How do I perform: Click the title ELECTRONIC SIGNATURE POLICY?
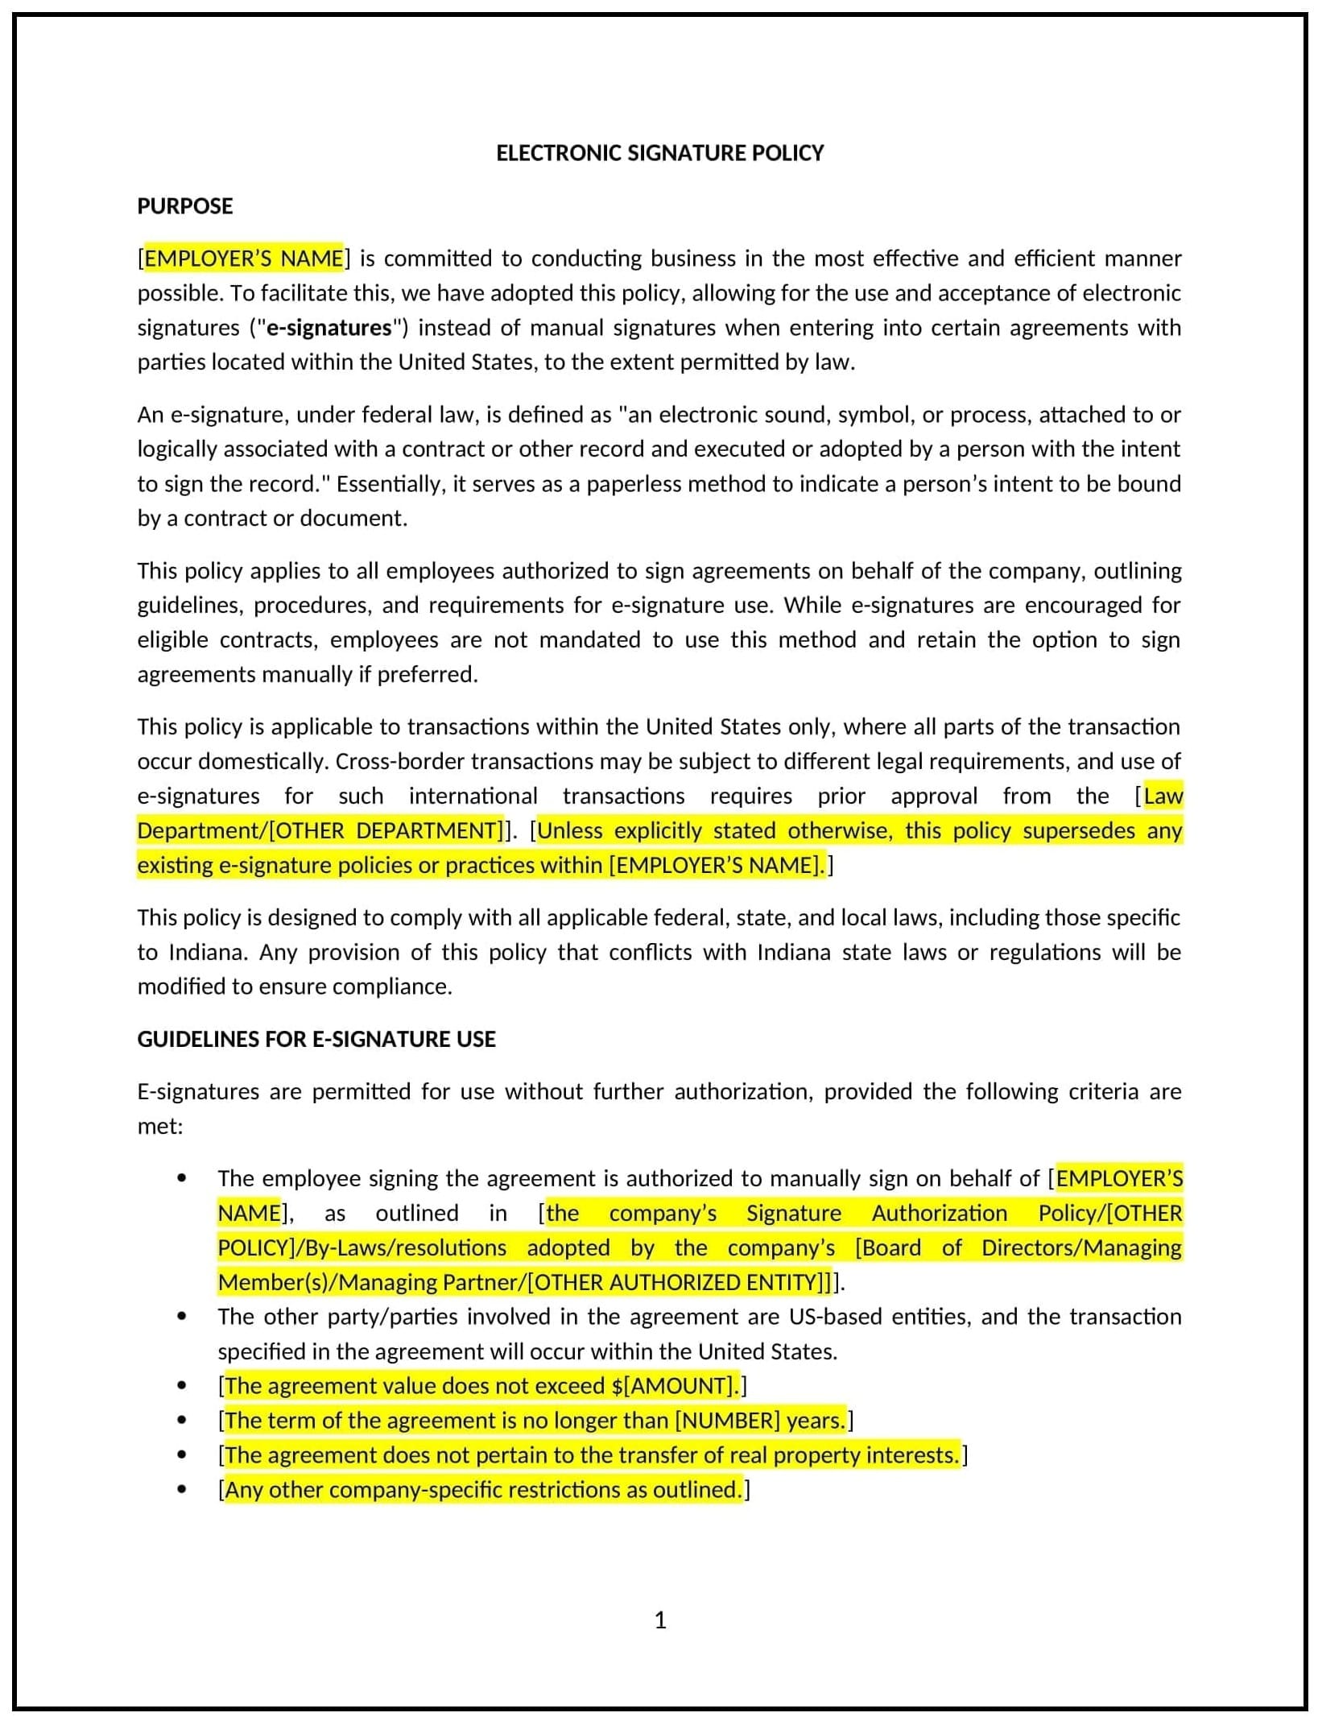pos(659,153)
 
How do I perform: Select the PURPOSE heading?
pos(184,206)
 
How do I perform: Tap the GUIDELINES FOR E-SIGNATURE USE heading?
pos(316,1039)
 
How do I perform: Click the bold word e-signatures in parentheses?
pos(328,328)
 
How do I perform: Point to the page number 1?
pos(660,1620)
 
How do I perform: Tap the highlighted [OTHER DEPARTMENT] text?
pos(386,830)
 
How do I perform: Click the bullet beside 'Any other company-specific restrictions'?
pos(182,1489)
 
